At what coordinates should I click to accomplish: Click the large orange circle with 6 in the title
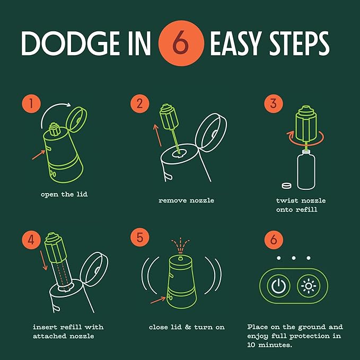(x=181, y=43)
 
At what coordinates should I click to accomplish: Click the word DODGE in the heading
(x=71, y=43)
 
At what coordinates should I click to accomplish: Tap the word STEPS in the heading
(x=300, y=43)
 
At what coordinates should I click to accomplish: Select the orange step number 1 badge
(x=31, y=103)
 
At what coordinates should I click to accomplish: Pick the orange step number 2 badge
(x=140, y=103)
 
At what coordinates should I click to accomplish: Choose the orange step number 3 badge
(x=274, y=103)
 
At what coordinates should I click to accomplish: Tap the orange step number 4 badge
(x=31, y=240)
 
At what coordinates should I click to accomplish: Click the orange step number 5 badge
(x=140, y=237)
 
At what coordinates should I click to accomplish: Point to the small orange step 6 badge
(x=274, y=240)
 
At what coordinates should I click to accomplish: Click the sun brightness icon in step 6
(x=309, y=286)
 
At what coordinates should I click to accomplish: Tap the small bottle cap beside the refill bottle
(x=287, y=186)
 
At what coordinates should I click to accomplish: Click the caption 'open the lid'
(x=64, y=195)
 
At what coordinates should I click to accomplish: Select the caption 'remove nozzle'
(x=186, y=200)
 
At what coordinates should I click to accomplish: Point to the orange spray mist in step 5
(x=180, y=245)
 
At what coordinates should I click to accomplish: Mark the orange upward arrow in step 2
(x=157, y=135)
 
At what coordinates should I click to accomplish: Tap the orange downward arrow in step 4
(x=43, y=260)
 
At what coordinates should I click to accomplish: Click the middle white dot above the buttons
(x=294, y=258)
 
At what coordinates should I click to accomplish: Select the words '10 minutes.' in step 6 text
(x=269, y=345)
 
